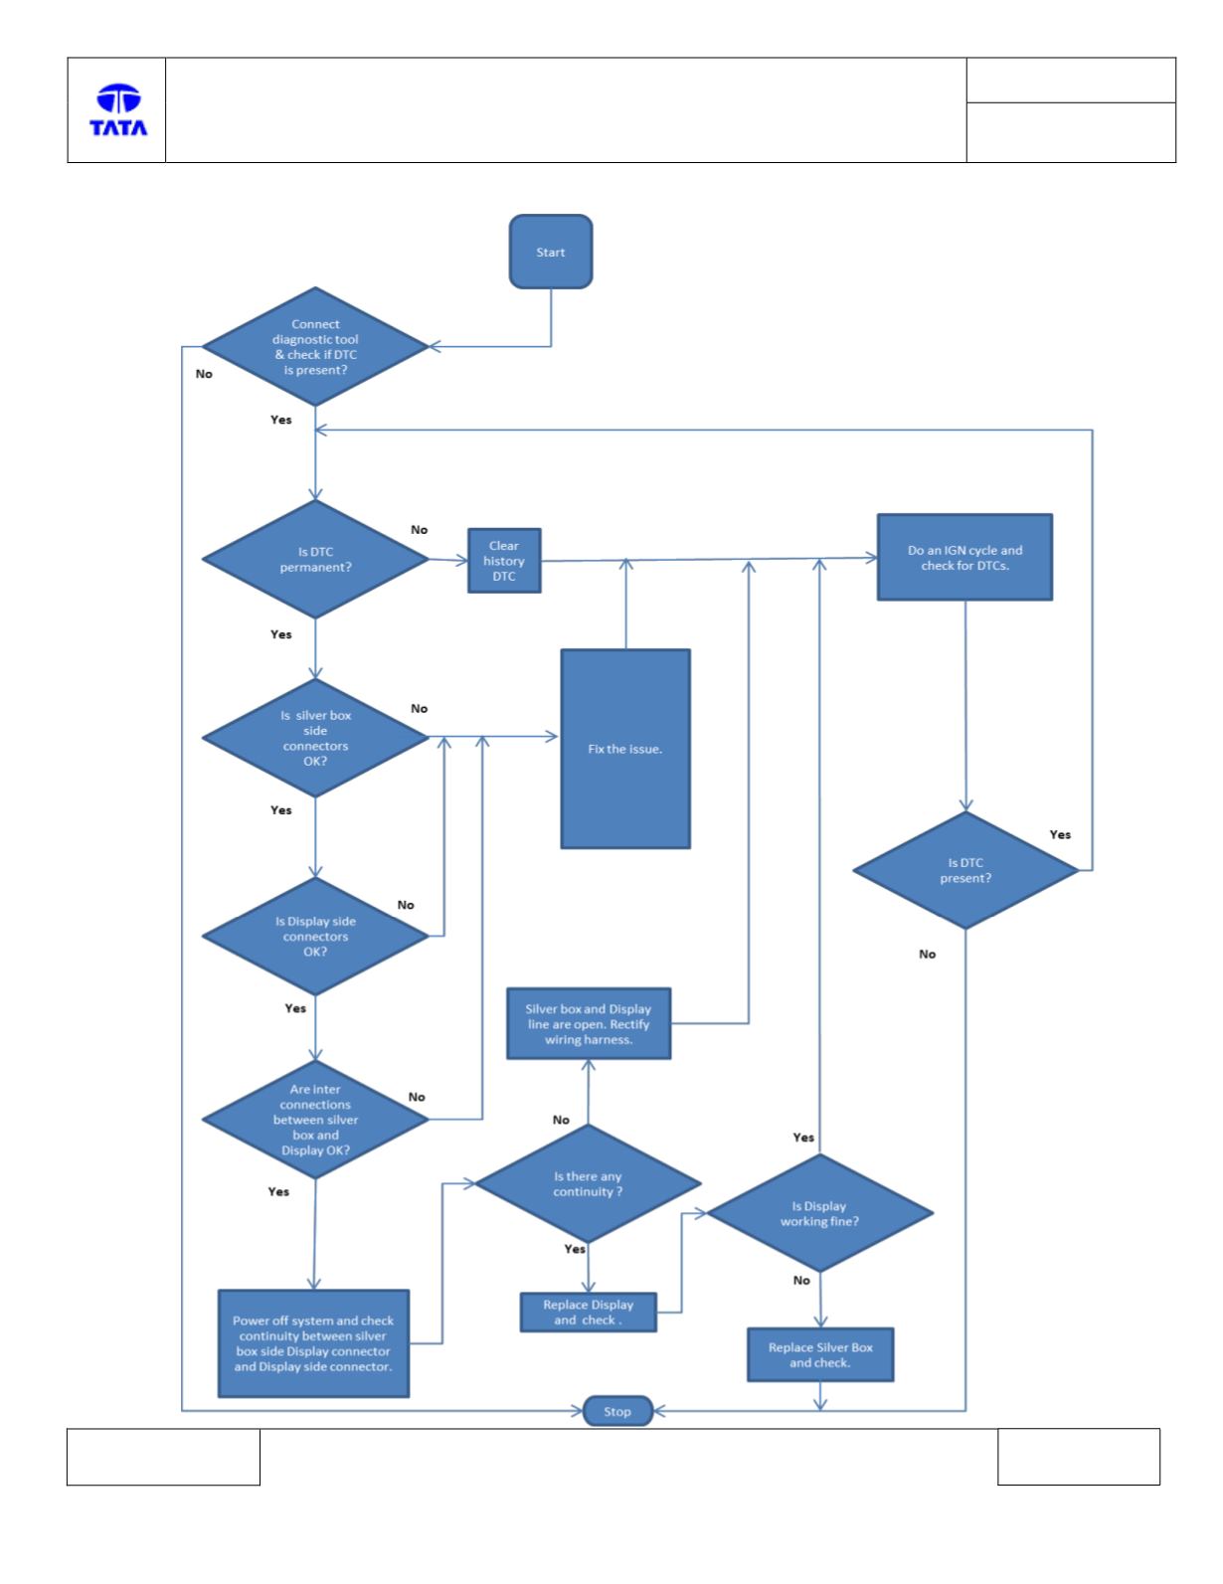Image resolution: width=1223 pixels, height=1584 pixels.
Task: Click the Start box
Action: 550,252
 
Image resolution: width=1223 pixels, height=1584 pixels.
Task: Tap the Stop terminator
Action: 616,1411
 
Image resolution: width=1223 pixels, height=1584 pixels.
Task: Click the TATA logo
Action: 118,110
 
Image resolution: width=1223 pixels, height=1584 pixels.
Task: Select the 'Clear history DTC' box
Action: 504,561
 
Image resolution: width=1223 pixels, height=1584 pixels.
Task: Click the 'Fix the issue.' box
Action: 624,749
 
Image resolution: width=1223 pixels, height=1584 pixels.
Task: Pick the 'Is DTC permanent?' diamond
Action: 315,559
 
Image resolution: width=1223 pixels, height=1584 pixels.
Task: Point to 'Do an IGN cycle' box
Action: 964,557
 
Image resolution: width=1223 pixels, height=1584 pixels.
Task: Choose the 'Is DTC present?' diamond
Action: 965,870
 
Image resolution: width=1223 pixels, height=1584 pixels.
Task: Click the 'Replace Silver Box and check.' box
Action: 820,1354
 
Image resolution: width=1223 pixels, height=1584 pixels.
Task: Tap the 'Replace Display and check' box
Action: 589,1313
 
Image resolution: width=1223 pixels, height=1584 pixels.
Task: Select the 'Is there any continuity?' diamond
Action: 588,1183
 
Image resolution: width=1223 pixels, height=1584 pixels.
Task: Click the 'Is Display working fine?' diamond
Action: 820,1213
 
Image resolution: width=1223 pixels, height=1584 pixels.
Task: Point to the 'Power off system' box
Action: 313,1343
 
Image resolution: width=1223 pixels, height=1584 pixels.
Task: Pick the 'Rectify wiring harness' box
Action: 589,1023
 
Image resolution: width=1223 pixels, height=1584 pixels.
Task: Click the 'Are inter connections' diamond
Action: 315,1119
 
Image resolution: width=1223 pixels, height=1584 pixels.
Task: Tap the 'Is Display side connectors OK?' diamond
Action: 315,936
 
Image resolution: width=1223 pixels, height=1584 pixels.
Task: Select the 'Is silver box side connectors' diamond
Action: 315,738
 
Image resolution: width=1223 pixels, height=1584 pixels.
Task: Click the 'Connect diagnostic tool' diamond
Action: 315,346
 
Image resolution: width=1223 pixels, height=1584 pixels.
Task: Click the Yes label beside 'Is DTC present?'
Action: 1060,834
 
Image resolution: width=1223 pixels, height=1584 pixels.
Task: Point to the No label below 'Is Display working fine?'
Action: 801,1280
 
